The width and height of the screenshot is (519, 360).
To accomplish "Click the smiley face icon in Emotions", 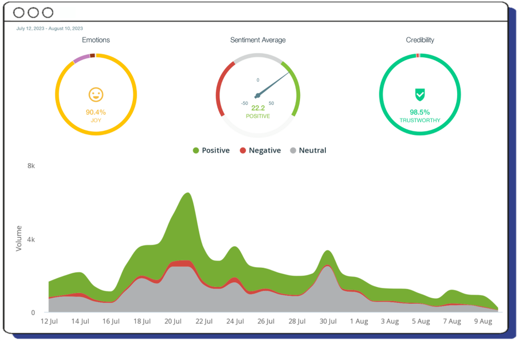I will pyautogui.click(x=96, y=95).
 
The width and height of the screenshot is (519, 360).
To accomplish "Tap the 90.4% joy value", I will pyautogui.click(x=96, y=112).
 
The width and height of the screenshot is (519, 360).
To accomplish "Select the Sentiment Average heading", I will pyautogui.click(x=258, y=40).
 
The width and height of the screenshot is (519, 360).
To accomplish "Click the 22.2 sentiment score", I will pyautogui.click(x=258, y=108).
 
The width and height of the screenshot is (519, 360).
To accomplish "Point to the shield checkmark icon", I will pyautogui.click(x=420, y=95).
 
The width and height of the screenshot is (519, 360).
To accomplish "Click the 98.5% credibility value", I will pyautogui.click(x=420, y=112).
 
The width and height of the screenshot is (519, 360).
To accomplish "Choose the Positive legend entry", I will pyautogui.click(x=211, y=151).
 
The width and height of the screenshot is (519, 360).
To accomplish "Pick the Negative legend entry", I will pyautogui.click(x=260, y=151).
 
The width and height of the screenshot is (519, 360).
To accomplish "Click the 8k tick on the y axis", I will pyautogui.click(x=31, y=166).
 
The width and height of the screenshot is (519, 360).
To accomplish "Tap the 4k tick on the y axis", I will pyautogui.click(x=31, y=239).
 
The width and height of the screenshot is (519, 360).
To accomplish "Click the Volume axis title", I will pyautogui.click(x=19, y=238).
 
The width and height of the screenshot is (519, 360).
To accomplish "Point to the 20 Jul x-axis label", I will pyautogui.click(x=173, y=322).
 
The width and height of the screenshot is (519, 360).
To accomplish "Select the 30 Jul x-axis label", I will pyautogui.click(x=327, y=322).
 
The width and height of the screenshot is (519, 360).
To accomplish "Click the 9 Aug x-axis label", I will pyautogui.click(x=483, y=322).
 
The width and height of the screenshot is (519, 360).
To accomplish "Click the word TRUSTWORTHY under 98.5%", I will pyautogui.click(x=420, y=121).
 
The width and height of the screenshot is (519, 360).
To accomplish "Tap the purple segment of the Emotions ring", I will pyautogui.click(x=81, y=59).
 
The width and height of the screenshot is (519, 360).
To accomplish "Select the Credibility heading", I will pyautogui.click(x=420, y=40).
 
